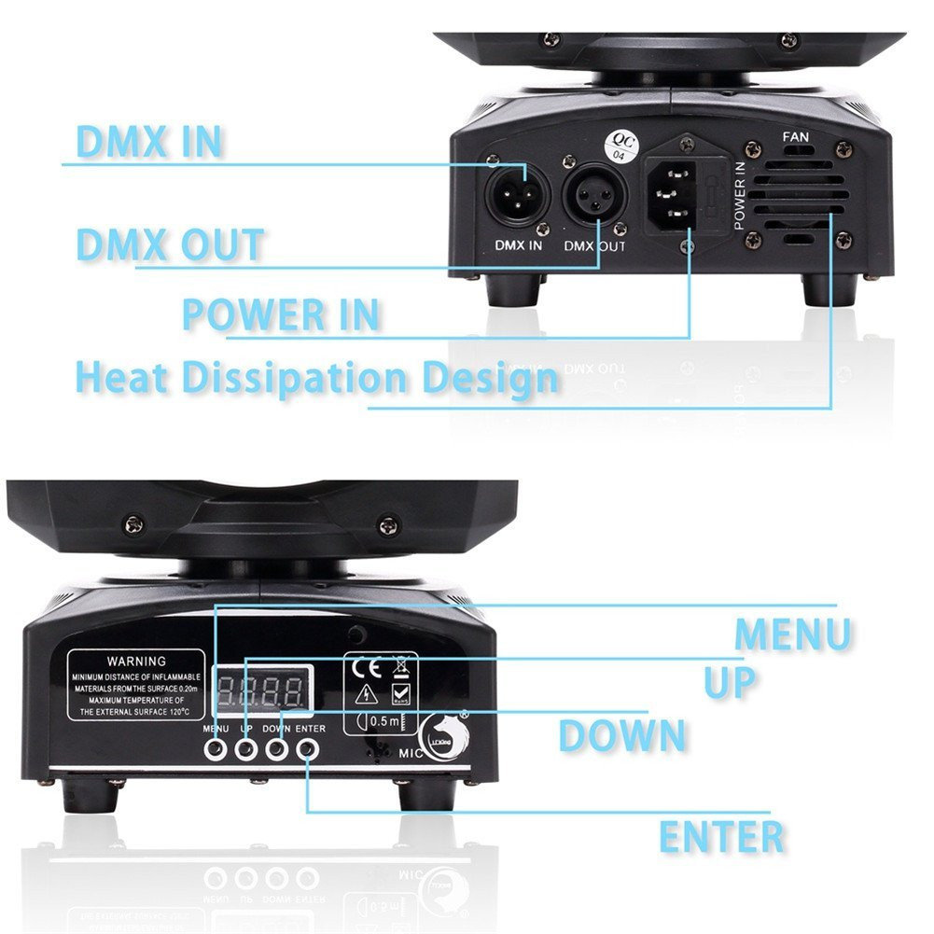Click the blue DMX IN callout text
[148, 141]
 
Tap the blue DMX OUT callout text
[170, 244]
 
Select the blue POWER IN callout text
[280, 314]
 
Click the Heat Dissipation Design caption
[316, 379]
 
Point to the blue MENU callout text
[792, 634]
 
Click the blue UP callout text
[730, 682]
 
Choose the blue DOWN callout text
[622, 736]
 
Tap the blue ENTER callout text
[721, 836]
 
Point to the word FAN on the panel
[796, 138]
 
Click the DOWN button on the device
[276, 748]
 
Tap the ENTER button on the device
[307, 748]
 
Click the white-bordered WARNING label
[136, 685]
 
